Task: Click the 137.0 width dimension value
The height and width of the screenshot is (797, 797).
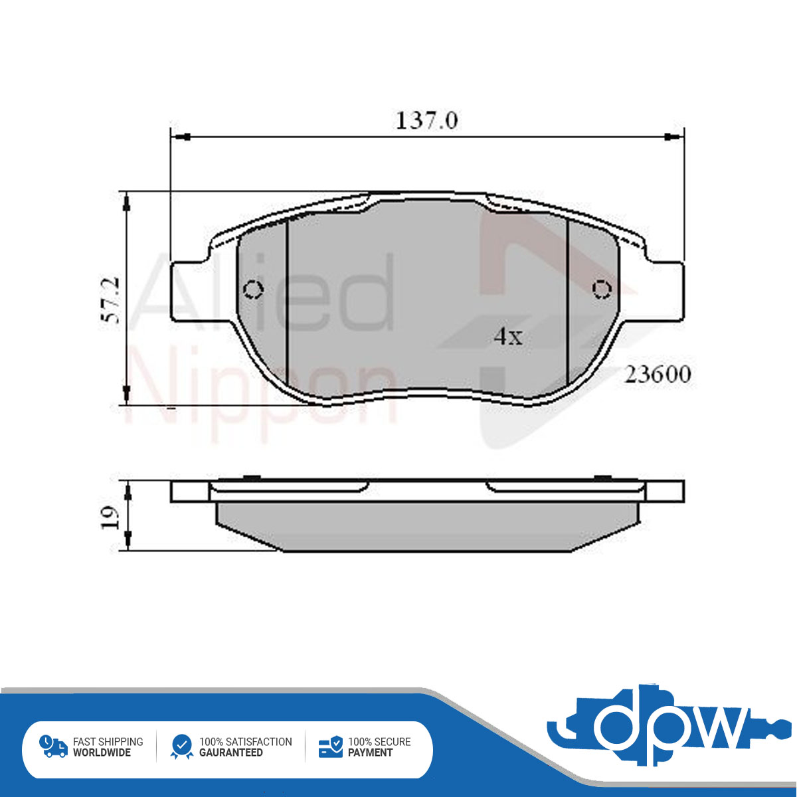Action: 427,121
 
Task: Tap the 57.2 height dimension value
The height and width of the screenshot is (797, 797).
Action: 112,300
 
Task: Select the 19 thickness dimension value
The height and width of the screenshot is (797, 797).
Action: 111,517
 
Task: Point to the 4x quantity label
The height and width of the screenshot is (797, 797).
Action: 508,336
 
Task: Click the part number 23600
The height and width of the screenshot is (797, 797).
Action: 658,375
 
